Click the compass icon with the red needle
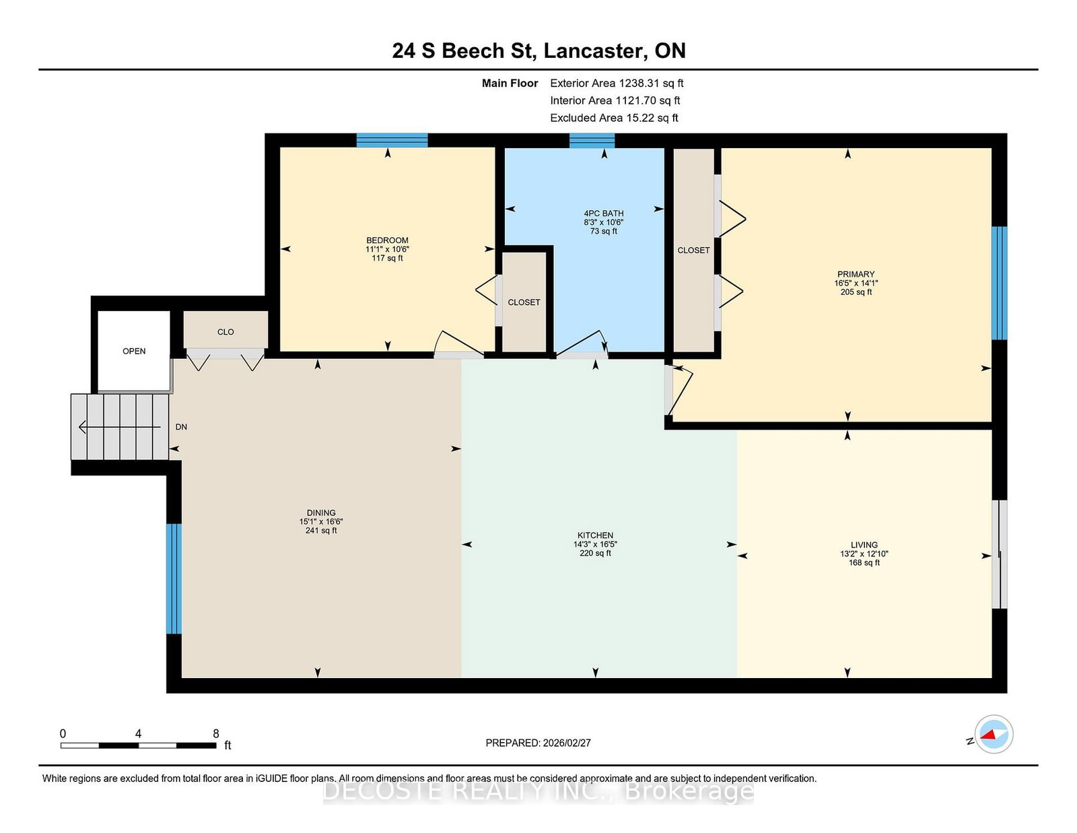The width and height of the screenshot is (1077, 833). coord(994,734)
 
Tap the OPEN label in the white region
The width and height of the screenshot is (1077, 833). coord(134,351)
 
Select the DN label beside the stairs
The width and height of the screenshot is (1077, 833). coord(181,427)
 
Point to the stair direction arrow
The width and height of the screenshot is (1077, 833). coord(119,426)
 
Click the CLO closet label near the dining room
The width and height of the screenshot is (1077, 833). coord(225,332)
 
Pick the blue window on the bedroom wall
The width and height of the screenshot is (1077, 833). coord(392,140)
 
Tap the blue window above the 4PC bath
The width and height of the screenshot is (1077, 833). coord(592,141)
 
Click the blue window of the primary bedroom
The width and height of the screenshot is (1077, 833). coord(999,283)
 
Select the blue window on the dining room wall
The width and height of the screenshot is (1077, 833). coord(174,578)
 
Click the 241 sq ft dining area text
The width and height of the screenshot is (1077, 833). coord(321,531)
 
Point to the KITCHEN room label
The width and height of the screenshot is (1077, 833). coord(595,535)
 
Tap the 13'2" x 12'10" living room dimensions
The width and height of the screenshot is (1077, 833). coord(864,554)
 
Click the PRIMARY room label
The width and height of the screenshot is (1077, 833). coord(856,274)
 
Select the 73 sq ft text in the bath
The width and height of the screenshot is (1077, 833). coord(604,231)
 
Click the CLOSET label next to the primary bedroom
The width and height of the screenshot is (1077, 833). coord(693,251)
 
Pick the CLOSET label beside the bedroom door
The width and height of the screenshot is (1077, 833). coord(524,302)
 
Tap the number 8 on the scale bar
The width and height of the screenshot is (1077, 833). coord(215,733)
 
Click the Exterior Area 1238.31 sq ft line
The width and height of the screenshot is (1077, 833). coord(617,84)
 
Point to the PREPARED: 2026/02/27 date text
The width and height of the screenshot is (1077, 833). coord(538,743)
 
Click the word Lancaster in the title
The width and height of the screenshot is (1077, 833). coord(596,51)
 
